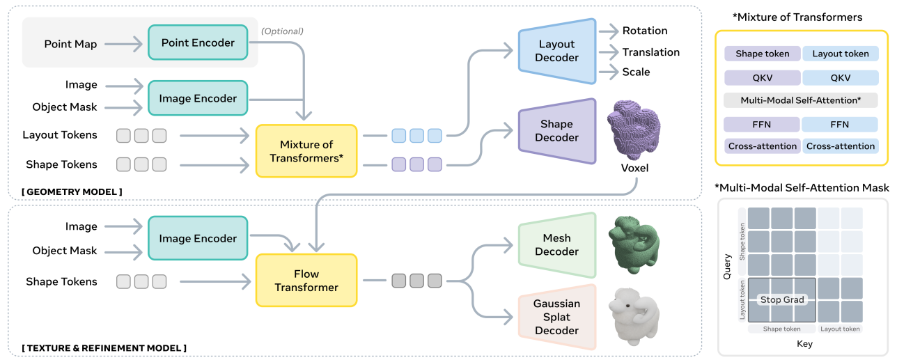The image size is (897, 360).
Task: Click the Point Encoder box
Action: [198, 43]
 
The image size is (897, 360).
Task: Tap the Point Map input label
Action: [70, 44]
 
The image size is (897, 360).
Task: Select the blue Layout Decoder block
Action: [556, 51]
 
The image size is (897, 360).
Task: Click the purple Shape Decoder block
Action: [556, 131]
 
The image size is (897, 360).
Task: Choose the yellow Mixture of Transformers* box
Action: [306, 151]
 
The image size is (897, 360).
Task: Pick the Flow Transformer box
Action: [306, 281]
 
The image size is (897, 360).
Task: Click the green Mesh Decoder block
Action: [556, 244]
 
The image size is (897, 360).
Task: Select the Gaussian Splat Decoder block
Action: [556, 318]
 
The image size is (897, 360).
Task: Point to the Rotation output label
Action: [645, 31]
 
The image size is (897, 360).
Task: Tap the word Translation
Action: [650, 52]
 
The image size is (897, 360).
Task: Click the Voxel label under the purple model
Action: [634, 169]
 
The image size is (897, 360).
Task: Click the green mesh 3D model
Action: [632, 243]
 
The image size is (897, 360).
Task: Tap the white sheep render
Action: [632, 318]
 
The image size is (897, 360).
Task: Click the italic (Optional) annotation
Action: [282, 31]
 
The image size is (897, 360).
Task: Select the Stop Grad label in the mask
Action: [781, 300]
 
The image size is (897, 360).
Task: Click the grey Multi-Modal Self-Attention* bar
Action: [801, 100]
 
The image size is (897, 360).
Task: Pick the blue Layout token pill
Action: [841, 54]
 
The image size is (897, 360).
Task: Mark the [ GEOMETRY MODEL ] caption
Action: [72, 191]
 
